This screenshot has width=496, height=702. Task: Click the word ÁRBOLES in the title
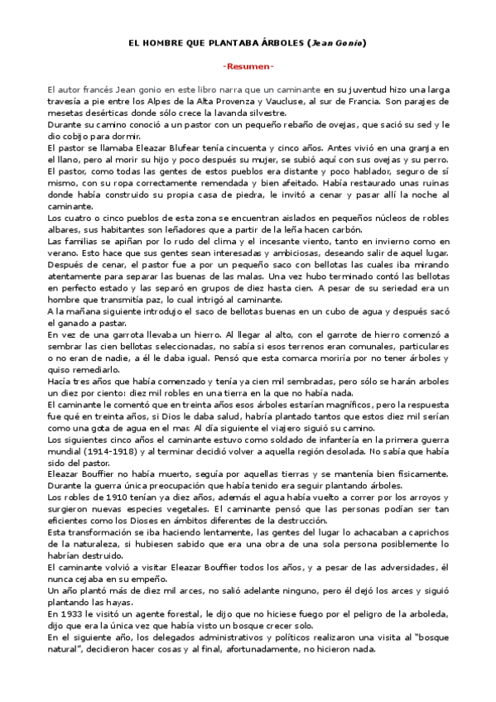tap(278, 41)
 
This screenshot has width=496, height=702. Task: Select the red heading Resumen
tap(248, 65)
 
